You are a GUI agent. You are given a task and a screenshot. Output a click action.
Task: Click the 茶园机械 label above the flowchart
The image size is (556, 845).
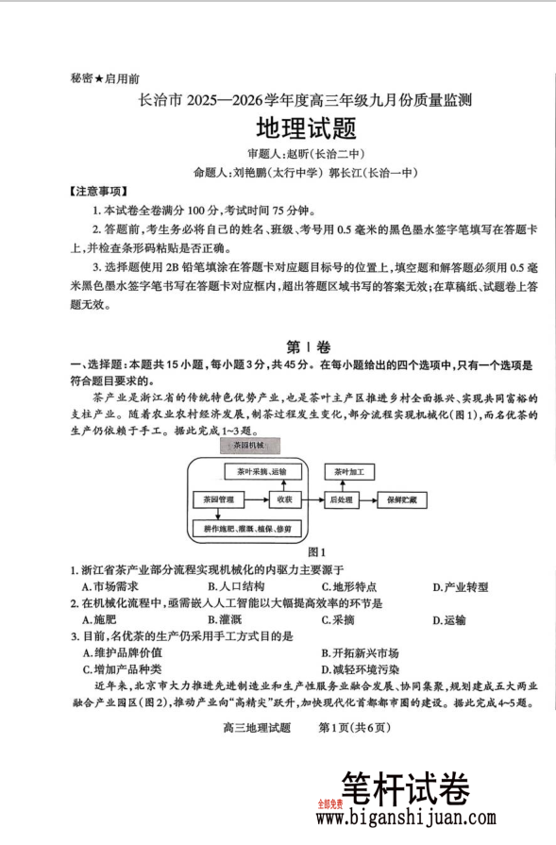coord(243,445)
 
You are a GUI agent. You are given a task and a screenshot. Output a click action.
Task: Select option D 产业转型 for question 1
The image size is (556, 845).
coord(460,586)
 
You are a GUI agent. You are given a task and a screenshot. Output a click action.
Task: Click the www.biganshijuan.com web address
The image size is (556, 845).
coord(430,817)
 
